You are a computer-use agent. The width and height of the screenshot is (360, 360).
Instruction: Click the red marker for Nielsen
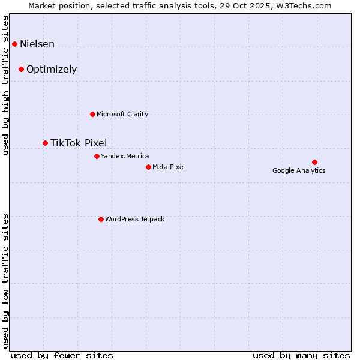point(14,44)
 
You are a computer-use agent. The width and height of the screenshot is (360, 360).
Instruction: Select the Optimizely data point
point(21,69)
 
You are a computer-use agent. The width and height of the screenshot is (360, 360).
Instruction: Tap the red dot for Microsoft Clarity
point(92,114)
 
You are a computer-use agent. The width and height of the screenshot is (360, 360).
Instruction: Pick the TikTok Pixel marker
point(45,143)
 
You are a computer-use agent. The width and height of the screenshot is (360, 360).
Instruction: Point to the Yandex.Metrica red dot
point(97,156)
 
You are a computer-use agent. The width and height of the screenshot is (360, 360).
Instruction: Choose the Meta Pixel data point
point(148,167)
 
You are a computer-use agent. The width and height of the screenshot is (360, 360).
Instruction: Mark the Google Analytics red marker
point(314,162)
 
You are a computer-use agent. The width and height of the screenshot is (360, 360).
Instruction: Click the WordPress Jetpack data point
point(101,219)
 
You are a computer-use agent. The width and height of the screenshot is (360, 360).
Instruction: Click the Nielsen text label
point(37,44)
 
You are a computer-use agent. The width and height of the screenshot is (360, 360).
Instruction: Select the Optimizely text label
point(52,69)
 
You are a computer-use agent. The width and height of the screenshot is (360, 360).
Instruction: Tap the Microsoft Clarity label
point(122,114)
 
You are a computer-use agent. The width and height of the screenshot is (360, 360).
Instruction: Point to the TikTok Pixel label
point(79,143)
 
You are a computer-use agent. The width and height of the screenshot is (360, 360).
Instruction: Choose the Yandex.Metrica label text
point(125,156)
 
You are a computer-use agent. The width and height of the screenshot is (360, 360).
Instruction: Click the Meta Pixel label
point(169,167)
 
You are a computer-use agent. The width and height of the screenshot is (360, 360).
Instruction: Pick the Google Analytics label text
point(299,170)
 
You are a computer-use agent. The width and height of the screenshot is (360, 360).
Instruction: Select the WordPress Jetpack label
point(134,219)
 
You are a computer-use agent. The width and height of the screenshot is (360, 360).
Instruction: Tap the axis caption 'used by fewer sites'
point(62,355)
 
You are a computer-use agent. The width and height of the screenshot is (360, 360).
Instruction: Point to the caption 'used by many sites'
point(301,355)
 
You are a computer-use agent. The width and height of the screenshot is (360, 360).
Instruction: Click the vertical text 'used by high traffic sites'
point(6,85)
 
